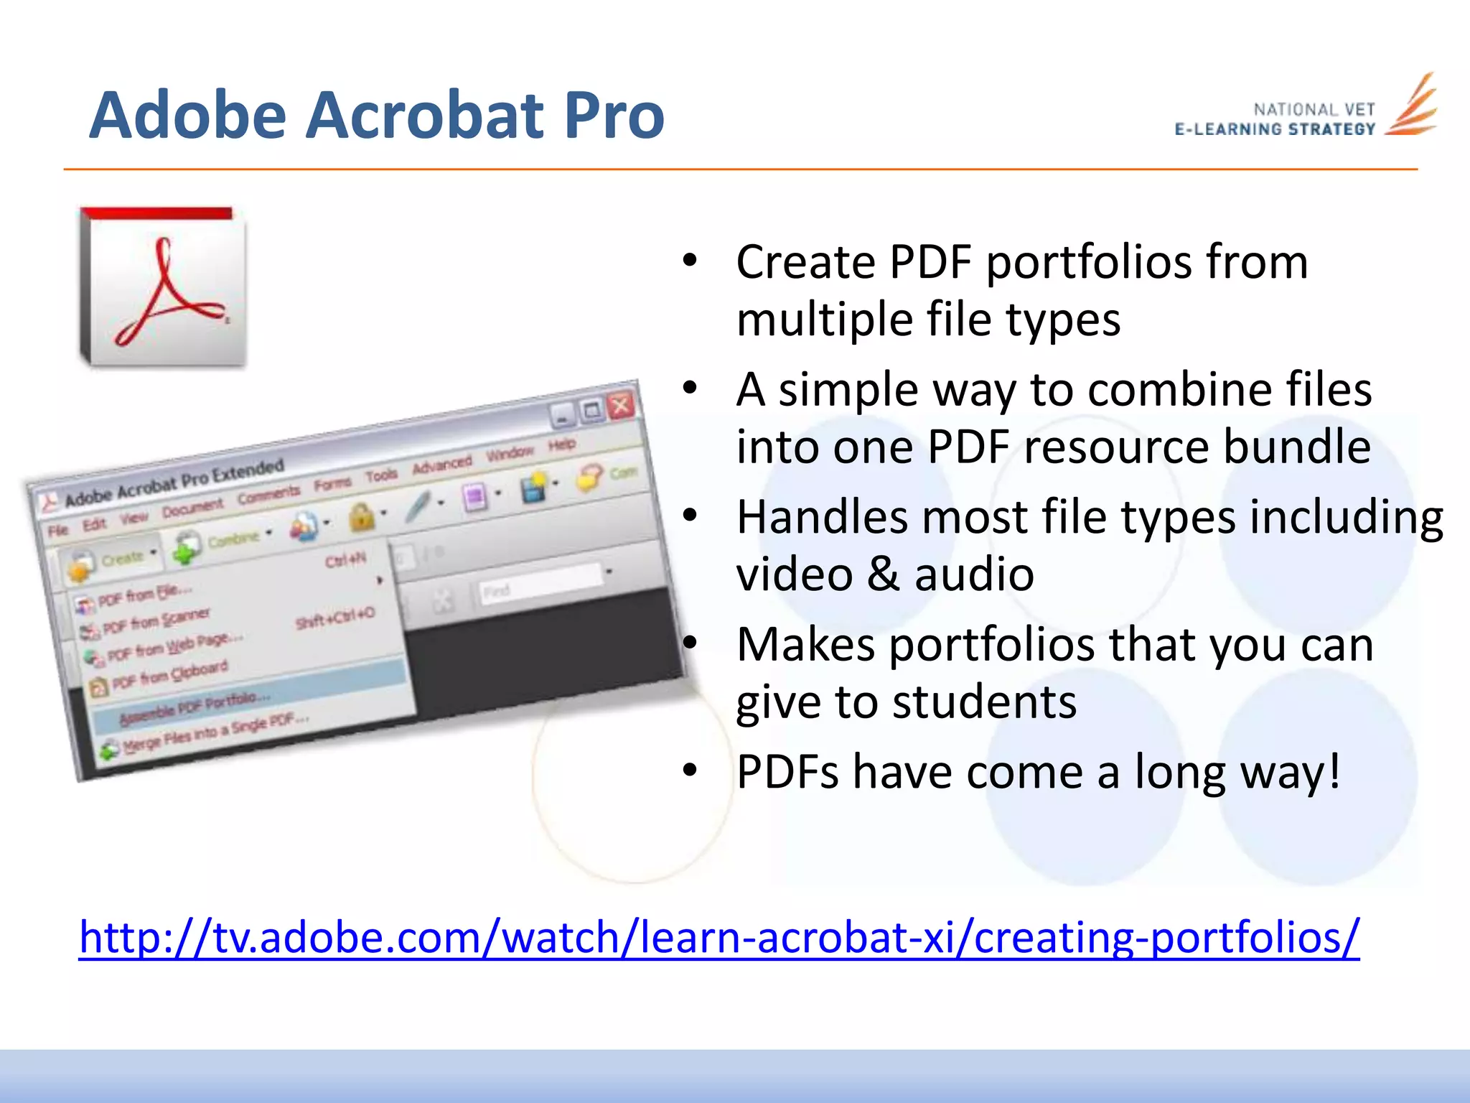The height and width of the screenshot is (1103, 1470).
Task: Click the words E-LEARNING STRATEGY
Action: coord(1275,130)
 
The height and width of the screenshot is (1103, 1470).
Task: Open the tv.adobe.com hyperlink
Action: coord(718,937)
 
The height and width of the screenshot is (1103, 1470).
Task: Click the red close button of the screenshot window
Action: coord(621,406)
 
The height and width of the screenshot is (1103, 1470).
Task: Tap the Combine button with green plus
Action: coord(223,542)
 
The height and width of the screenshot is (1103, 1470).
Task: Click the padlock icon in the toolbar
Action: coord(362,516)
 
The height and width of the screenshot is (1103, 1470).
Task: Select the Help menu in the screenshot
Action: coord(562,445)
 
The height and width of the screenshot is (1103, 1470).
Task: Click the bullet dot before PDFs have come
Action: coord(690,771)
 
